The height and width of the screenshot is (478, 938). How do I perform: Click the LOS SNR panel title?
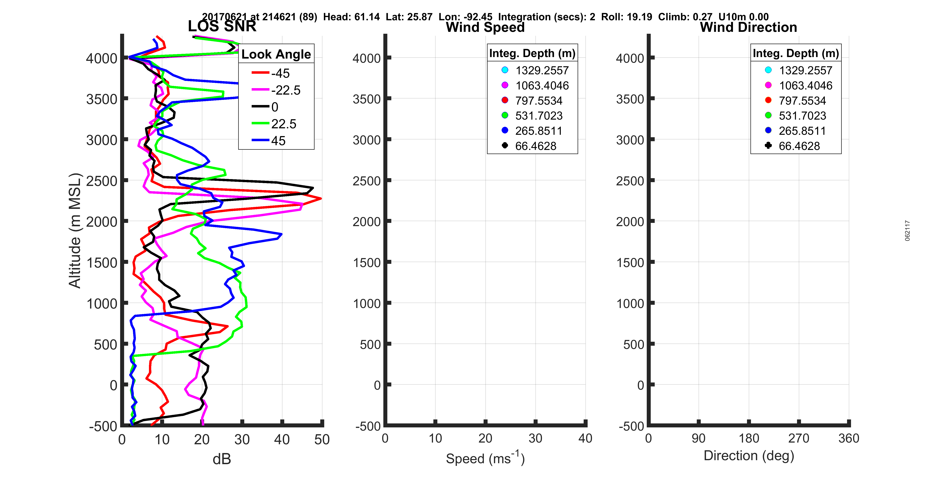[x=222, y=26]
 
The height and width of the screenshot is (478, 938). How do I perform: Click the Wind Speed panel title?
[x=485, y=27]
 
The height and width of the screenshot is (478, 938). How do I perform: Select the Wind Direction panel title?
[x=748, y=27]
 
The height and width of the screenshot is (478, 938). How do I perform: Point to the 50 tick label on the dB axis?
[x=322, y=440]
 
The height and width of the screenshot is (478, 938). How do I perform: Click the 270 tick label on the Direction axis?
[x=799, y=438]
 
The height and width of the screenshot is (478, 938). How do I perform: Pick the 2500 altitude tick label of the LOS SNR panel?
[x=102, y=181]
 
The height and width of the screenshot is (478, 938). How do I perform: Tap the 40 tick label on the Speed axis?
[x=585, y=438]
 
